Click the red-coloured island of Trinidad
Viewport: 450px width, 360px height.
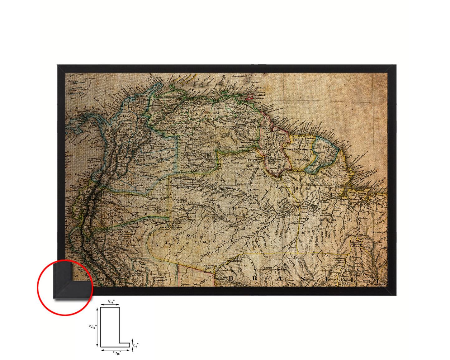pos(250,97)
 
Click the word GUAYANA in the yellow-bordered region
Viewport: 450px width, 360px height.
pos(302,159)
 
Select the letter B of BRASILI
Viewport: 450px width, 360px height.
pos(231,278)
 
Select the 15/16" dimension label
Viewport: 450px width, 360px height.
pos(92,327)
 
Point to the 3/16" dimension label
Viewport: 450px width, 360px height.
pos(135,345)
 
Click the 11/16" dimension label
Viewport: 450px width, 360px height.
pos(116,353)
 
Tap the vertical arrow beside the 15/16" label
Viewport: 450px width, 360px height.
pos(98,327)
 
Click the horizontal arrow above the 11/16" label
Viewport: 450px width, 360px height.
pos(115,350)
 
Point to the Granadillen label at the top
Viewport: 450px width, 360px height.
pos(240,75)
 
